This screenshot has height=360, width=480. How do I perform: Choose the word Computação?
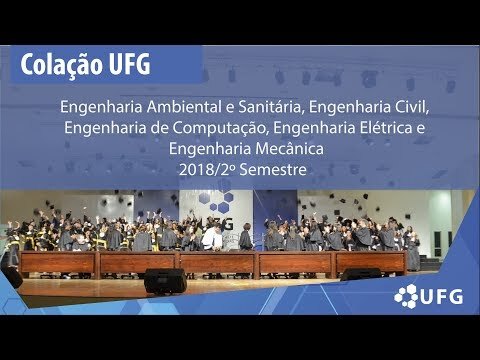(x=220, y=129)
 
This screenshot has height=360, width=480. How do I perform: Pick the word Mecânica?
(x=289, y=149)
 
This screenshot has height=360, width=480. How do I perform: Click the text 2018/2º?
(x=207, y=170)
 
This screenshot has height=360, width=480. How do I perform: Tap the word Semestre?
(x=273, y=170)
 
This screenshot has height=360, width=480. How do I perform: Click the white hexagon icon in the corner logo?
(x=406, y=296)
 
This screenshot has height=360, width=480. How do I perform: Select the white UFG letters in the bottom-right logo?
(x=442, y=297)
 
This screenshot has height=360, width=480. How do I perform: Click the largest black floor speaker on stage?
(x=165, y=281)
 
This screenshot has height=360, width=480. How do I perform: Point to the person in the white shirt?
(x=211, y=238)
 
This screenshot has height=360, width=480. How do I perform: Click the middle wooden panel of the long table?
(x=218, y=264)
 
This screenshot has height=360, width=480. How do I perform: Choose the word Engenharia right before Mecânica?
(x=210, y=149)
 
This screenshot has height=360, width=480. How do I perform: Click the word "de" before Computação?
(x=159, y=128)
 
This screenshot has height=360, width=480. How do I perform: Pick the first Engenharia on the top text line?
(x=101, y=107)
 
